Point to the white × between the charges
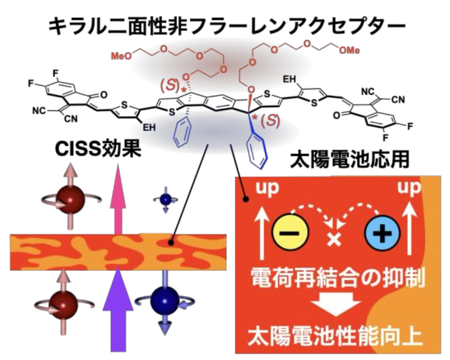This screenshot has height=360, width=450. [333, 238]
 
